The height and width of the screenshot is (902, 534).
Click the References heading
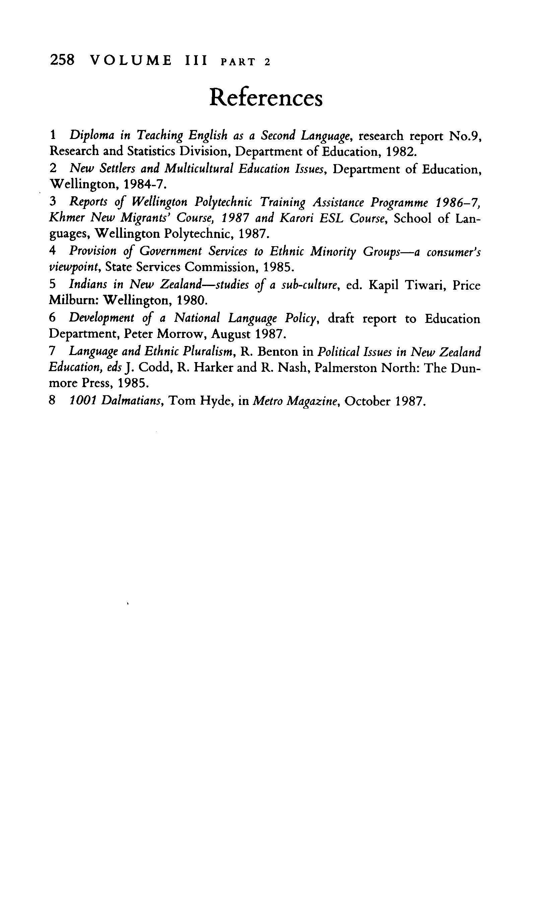point(266,97)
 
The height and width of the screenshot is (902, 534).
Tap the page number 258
point(62,60)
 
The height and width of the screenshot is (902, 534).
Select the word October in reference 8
point(367,401)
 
